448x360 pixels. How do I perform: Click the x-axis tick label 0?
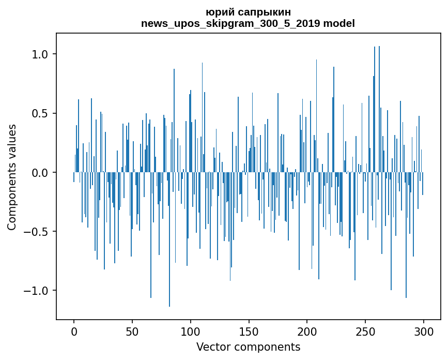pos(74,331)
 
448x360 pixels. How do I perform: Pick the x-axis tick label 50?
pos(132,331)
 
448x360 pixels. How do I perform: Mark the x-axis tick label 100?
pos(191,331)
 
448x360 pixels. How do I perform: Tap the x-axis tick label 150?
pos(249,331)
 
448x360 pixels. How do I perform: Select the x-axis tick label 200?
pos(307,331)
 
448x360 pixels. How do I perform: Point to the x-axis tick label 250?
pos(365,331)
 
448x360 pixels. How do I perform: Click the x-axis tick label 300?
pos(424,331)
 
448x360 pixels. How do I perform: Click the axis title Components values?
pos(12,177)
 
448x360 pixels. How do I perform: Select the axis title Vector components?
pos(248,347)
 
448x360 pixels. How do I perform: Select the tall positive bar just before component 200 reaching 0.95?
pos(316,116)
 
